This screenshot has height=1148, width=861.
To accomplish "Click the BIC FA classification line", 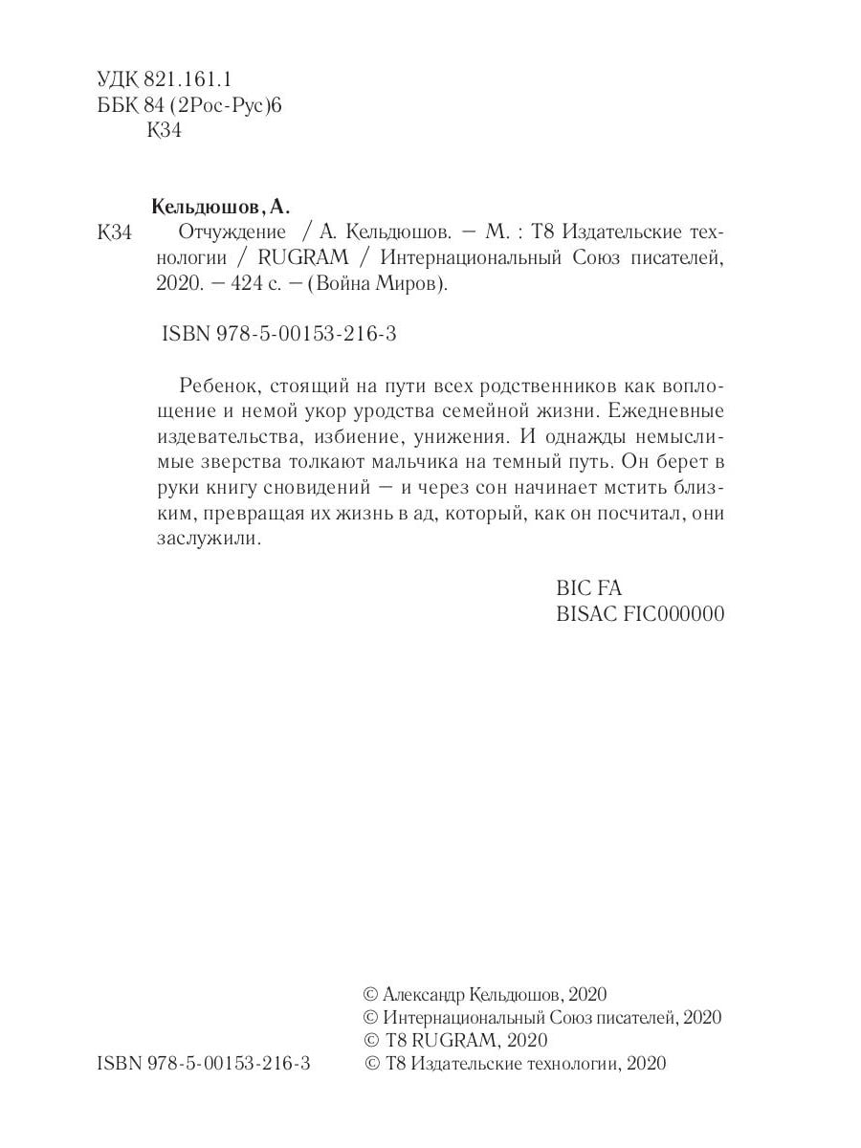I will [x=588, y=588].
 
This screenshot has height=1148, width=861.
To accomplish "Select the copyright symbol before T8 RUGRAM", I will [x=372, y=1039].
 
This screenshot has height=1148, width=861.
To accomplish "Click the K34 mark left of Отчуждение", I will [x=114, y=233].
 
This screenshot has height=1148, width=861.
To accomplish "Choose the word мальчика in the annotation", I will [x=444, y=462].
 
